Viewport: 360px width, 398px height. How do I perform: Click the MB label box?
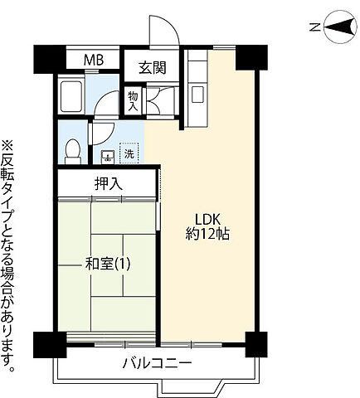point(94,61)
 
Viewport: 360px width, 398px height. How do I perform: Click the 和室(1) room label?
point(107,265)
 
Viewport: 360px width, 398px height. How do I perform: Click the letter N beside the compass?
point(315,27)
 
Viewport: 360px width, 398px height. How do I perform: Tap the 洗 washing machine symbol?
point(129,153)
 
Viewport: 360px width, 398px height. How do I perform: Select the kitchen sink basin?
point(197,95)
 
